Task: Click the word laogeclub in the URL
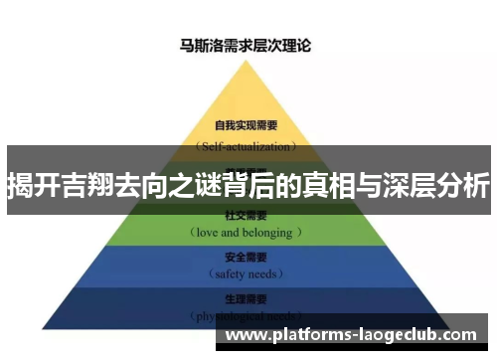click(x=395, y=334)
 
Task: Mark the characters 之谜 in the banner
click(x=200, y=186)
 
